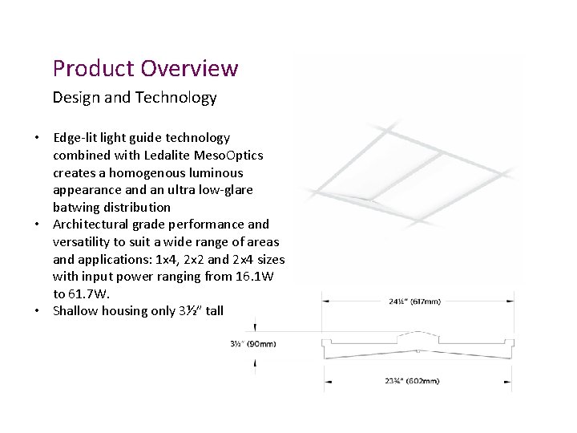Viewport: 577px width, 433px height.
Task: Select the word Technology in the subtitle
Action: click(176, 98)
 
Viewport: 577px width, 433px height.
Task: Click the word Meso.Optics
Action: click(233, 155)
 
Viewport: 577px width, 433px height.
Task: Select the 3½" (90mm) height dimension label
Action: click(254, 344)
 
